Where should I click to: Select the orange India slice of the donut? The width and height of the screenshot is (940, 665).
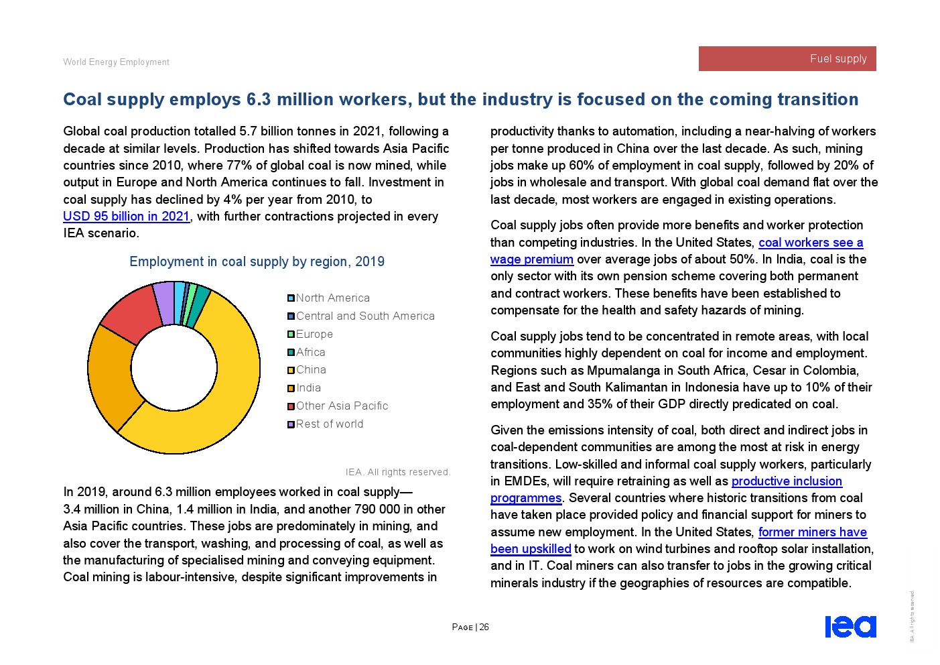click(x=111, y=375)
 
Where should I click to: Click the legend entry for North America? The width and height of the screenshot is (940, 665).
click(x=332, y=298)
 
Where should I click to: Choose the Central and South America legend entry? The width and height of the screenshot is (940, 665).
click(x=365, y=316)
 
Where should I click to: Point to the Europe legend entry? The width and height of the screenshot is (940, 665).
click(x=314, y=334)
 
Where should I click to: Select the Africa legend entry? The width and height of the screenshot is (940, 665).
click(x=310, y=352)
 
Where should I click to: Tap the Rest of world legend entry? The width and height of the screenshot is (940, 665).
click(x=330, y=424)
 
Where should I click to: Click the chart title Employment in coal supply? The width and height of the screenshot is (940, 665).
click(x=257, y=261)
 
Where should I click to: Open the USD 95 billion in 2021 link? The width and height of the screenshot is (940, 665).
click(x=126, y=217)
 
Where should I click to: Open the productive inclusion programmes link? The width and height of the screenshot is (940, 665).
click(x=786, y=481)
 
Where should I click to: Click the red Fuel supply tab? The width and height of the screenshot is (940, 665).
click(x=787, y=58)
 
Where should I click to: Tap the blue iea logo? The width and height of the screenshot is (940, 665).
click(x=850, y=626)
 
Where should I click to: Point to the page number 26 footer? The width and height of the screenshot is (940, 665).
click(x=470, y=627)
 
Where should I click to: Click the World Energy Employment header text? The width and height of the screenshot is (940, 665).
click(x=116, y=62)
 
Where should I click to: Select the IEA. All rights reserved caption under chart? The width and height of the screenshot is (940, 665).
click(x=397, y=472)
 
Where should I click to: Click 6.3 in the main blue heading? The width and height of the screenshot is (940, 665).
click(x=258, y=99)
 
